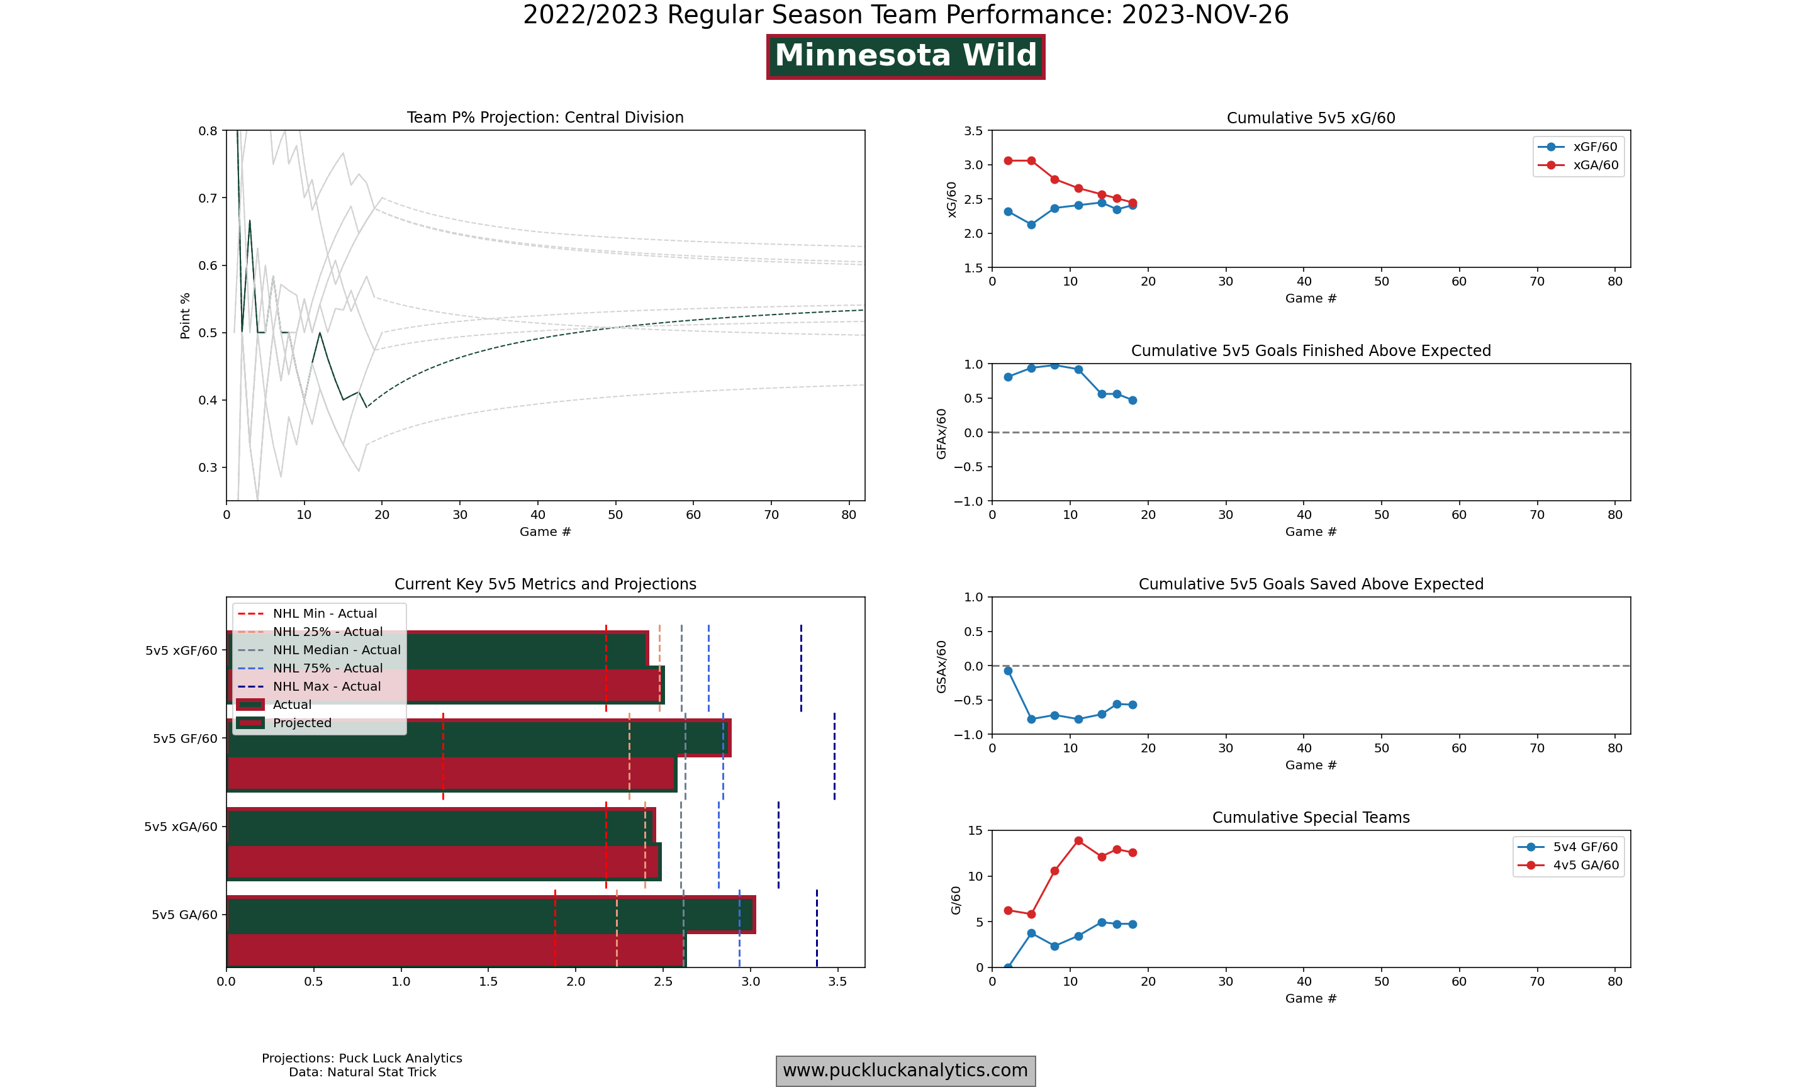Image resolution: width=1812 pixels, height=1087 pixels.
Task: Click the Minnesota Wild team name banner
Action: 905,57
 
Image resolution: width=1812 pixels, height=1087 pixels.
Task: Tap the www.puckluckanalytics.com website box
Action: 905,1070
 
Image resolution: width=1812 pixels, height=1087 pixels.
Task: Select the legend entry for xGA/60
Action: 1595,165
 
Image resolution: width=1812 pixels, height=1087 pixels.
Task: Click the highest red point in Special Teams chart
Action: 1078,841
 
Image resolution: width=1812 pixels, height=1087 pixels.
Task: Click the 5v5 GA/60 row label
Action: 184,915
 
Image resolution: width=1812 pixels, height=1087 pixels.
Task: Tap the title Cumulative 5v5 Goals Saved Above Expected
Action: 1311,584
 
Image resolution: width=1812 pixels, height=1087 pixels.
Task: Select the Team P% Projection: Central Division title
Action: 545,117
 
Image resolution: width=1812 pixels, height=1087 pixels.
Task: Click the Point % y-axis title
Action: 186,316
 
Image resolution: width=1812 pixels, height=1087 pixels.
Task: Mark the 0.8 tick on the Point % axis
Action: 208,131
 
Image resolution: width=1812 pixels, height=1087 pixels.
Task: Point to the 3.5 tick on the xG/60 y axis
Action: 973,131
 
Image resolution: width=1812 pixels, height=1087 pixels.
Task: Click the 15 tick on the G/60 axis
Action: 975,830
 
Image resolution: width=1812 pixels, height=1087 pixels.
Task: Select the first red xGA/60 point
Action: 1008,160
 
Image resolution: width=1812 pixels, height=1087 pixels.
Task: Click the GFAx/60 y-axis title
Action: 941,433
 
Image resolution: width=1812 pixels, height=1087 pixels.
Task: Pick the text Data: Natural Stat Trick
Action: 362,1073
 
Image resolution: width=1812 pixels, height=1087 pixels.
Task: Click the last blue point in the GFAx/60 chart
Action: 1132,400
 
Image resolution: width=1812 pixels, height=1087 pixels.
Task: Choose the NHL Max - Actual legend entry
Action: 327,686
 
